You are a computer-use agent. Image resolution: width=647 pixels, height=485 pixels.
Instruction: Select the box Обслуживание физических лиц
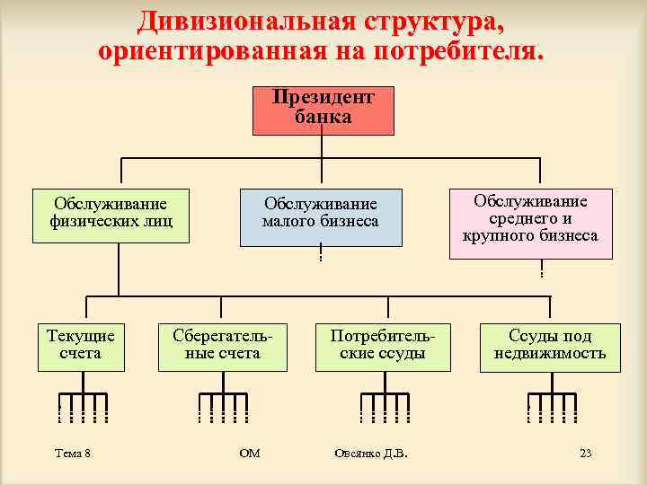click(111, 216)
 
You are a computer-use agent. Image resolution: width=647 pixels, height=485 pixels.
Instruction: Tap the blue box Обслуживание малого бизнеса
click(321, 216)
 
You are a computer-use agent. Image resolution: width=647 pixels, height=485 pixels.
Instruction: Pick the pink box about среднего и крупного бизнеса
click(530, 222)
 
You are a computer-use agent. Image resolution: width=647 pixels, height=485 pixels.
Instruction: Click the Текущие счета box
click(81, 346)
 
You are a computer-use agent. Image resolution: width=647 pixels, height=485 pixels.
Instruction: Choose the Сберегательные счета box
click(223, 346)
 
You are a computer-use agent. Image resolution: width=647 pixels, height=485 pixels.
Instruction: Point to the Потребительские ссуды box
click(383, 346)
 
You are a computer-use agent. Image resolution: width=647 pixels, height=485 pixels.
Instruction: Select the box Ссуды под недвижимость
click(550, 346)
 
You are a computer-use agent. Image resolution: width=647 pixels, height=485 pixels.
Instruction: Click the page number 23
click(586, 454)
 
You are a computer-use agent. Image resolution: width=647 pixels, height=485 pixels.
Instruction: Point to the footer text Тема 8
click(73, 454)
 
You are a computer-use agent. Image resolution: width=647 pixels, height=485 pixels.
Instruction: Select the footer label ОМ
click(250, 454)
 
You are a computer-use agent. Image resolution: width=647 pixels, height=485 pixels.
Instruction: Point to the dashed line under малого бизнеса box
click(321, 255)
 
